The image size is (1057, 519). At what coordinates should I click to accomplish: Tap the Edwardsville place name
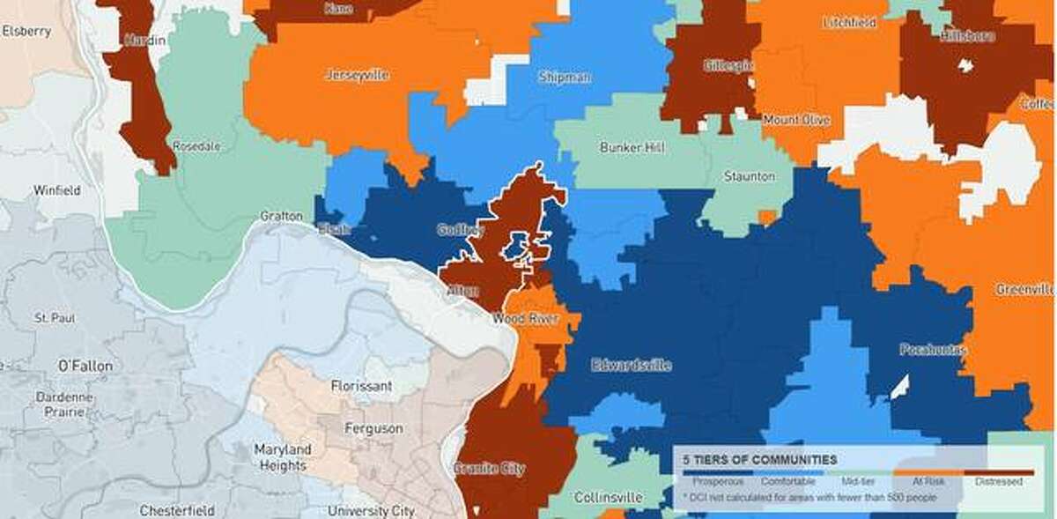(632, 364)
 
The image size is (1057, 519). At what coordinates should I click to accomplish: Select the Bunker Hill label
(632, 147)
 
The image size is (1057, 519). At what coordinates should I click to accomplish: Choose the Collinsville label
(608, 497)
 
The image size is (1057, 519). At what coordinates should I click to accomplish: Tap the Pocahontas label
(933, 350)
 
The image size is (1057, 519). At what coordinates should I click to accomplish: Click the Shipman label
(564, 78)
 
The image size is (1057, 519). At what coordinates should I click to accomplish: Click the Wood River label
(526, 318)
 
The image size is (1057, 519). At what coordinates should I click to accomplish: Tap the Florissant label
(361, 386)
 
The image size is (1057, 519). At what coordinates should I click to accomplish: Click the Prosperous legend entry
(712, 481)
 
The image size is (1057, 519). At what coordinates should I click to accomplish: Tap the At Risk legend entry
(927, 481)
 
